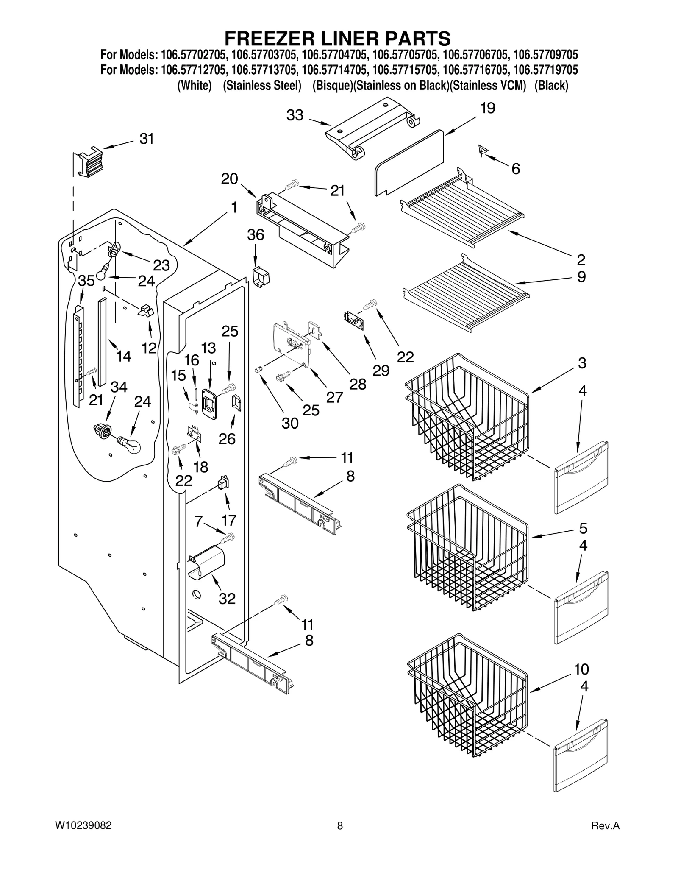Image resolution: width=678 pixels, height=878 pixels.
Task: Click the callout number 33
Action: coord(295,115)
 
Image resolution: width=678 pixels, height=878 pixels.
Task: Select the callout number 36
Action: coord(256,235)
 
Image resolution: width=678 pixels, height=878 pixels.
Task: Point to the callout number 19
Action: coord(488,108)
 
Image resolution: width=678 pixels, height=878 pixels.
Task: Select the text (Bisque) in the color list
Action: coord(332,85)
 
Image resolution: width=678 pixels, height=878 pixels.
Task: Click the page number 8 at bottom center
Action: coord(339,825)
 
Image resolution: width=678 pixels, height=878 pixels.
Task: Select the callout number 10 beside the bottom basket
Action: coord(581,669)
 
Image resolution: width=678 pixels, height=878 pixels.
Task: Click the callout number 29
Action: coord(381,371)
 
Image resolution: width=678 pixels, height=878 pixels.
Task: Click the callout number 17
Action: coord(229,520)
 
